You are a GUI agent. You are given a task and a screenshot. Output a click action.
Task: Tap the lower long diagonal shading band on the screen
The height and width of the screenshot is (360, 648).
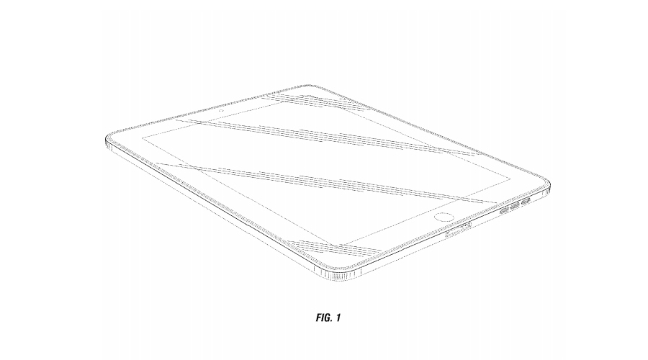324,180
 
